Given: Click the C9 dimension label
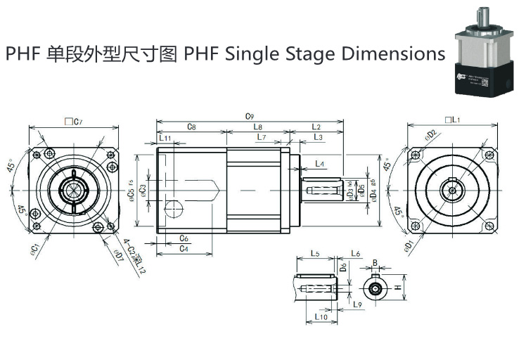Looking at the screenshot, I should (249, 115).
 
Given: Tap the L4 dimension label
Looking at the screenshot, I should (320, 163).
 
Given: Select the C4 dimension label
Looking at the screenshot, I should (183, 248).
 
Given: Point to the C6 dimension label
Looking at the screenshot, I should (183, 238).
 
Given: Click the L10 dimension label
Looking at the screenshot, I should (321, 317).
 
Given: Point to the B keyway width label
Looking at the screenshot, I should (375, 263).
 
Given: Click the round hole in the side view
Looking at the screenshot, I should (174, 208).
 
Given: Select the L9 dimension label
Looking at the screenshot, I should (357, 304).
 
